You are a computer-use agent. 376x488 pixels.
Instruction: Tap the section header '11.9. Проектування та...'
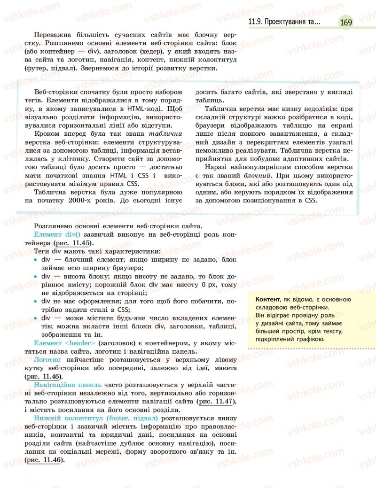(x=285, y=22)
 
